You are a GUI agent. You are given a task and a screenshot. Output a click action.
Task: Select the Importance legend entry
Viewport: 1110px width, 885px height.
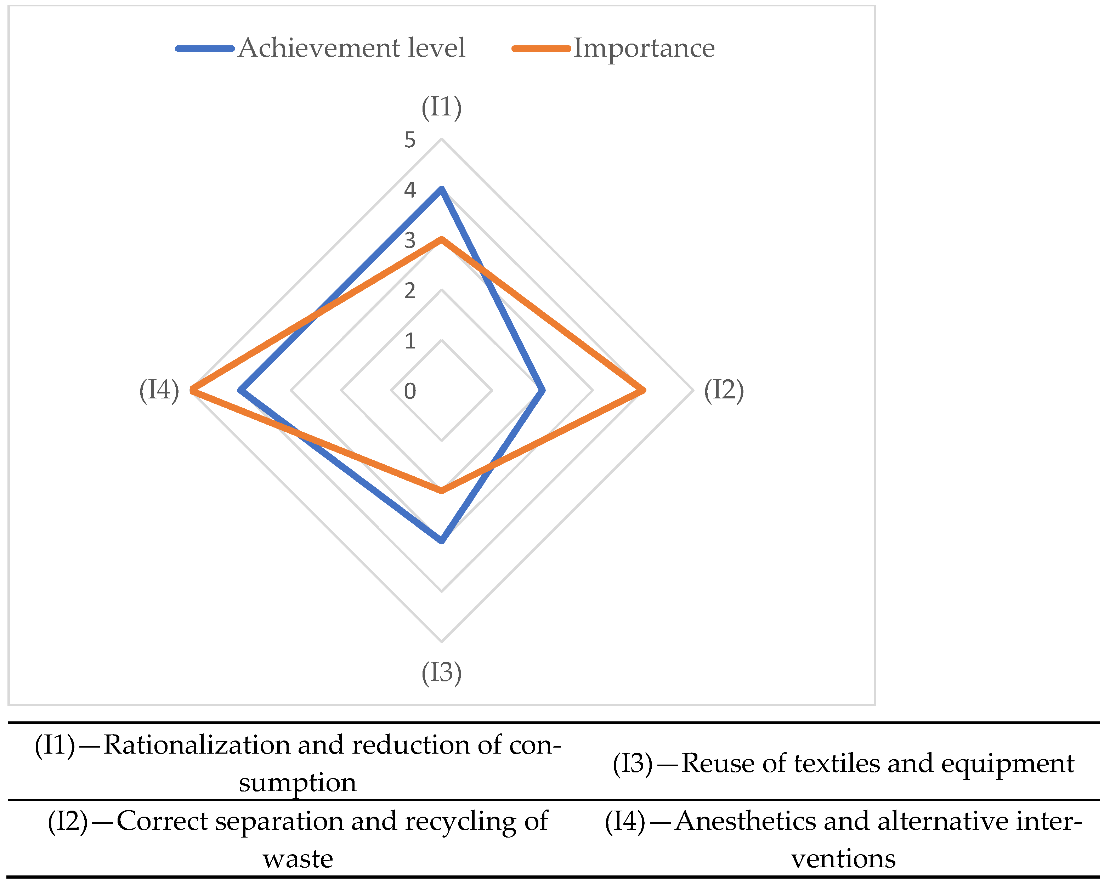coord(644,48)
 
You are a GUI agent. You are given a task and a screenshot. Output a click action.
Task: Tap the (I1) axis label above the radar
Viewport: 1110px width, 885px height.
coord(441,108)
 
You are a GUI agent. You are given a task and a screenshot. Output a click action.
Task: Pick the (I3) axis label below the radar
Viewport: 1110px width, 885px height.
coord(441,673)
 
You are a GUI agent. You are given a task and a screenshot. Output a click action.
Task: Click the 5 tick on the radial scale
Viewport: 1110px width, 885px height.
coord(410,140)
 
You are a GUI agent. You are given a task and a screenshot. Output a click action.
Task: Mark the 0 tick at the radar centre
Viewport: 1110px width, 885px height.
coord(410,391)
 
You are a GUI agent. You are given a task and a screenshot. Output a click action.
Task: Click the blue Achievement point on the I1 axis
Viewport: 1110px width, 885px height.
coord(441,189)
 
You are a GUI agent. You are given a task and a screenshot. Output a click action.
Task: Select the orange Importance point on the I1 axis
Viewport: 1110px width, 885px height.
coord(441,239)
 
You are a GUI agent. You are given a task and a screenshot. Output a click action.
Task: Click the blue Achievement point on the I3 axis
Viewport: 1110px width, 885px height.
coord(441,541)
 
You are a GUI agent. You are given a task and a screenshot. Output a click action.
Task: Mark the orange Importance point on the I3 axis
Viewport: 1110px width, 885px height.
coord(441,490)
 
